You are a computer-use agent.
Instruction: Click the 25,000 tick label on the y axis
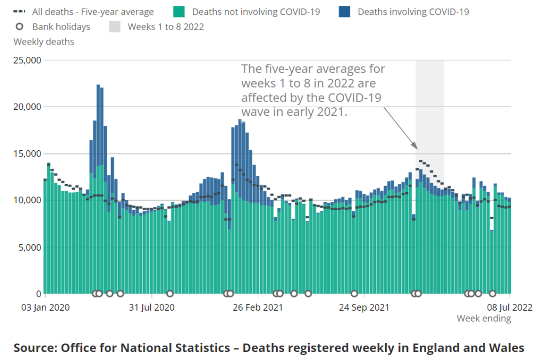point(27,60)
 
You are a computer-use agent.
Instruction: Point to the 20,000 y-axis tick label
point(27,107)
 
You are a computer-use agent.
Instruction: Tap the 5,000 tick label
point(29,247)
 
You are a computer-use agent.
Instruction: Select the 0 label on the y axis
point(39,294)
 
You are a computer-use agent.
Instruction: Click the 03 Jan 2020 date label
point(45,307)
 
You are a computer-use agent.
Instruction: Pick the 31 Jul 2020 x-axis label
point(152,307)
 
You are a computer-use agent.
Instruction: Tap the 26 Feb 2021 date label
point(258,307)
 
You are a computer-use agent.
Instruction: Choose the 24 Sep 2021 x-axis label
point(364,307)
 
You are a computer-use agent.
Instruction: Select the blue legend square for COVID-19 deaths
point(344,12)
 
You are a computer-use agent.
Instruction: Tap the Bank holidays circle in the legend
point(20,27)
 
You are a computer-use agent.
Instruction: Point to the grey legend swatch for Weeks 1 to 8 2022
point(115,27)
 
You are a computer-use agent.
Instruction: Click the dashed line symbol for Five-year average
point(20,12)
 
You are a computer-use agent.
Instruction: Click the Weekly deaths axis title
point(44,41)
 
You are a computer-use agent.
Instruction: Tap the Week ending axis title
point(483,319)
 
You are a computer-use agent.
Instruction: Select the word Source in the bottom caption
point(35,348)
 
